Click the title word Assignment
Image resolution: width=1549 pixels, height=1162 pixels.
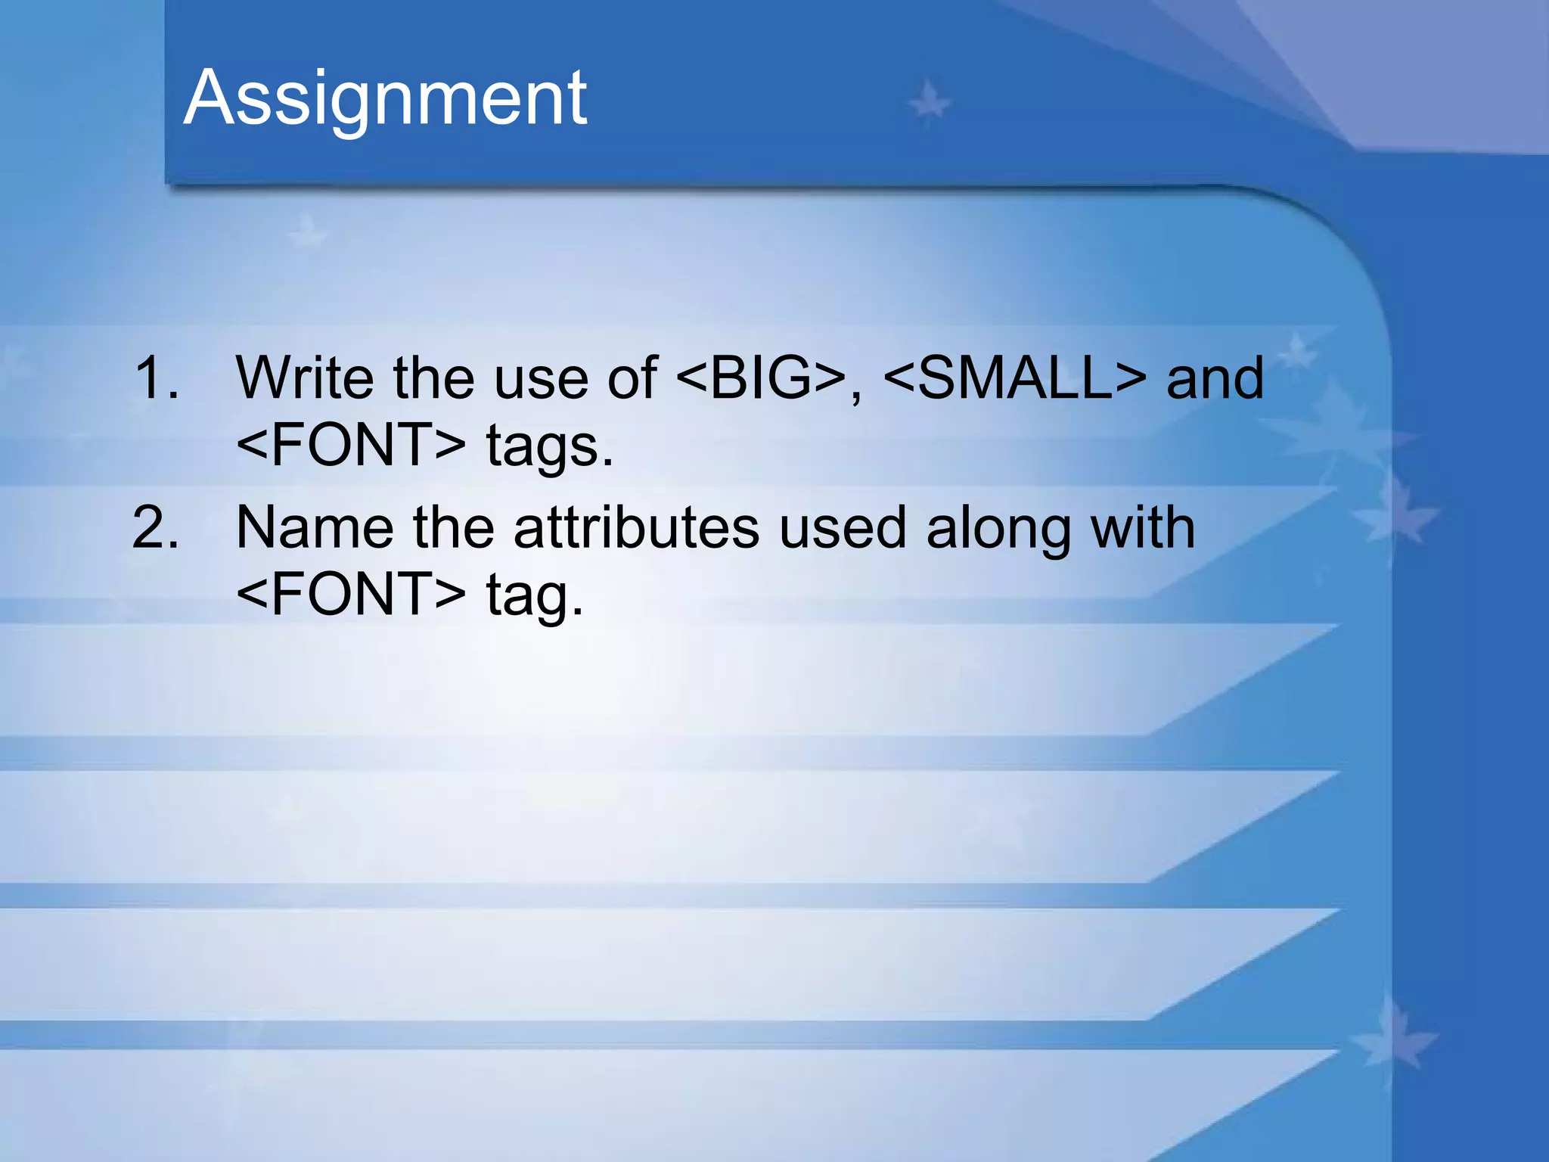click(x=385, y=98)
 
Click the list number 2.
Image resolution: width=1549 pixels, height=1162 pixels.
click(x=156, y=527)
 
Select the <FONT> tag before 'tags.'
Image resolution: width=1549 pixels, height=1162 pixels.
click(x=351, y=445)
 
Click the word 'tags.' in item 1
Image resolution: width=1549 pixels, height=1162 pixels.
click(x=549, y=446)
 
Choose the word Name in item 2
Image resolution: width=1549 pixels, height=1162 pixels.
click(x=315, y=527)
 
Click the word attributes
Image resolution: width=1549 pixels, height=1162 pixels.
click(x=636, y=527)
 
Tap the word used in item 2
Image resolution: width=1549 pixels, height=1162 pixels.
click(x=842, y=527)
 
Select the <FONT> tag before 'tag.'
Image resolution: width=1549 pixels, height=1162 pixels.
click(x=351, y=595)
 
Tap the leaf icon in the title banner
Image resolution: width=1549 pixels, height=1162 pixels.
click(x=929, y=101)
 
